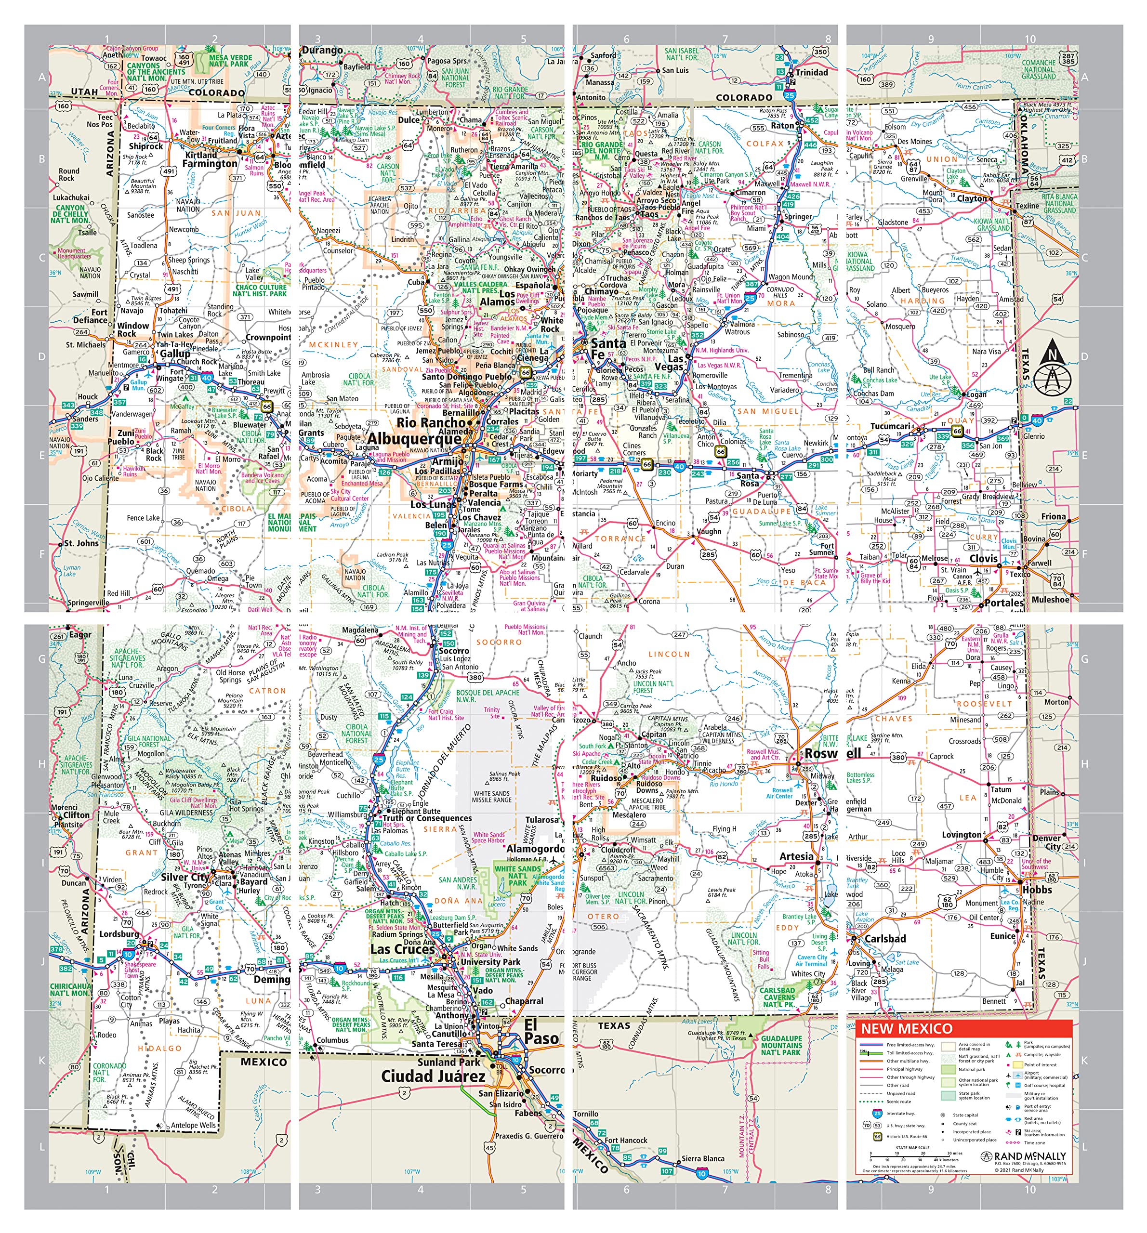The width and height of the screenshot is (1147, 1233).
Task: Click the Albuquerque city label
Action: [414, 439]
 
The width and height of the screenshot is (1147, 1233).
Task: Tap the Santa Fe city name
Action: [605, 349]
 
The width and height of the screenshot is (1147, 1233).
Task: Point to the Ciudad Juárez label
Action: [433, 1076]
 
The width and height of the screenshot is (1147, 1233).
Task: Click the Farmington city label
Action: [210, 164]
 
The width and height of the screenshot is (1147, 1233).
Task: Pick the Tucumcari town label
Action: [890, 426]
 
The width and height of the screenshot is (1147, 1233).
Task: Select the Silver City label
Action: [185, 877]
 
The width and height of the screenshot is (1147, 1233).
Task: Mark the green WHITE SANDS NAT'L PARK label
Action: [517, 875]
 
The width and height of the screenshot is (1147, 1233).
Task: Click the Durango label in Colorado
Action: [323, 50]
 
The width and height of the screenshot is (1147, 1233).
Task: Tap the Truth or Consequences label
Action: [427, 818]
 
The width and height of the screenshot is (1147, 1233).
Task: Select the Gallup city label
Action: [175, 354]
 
